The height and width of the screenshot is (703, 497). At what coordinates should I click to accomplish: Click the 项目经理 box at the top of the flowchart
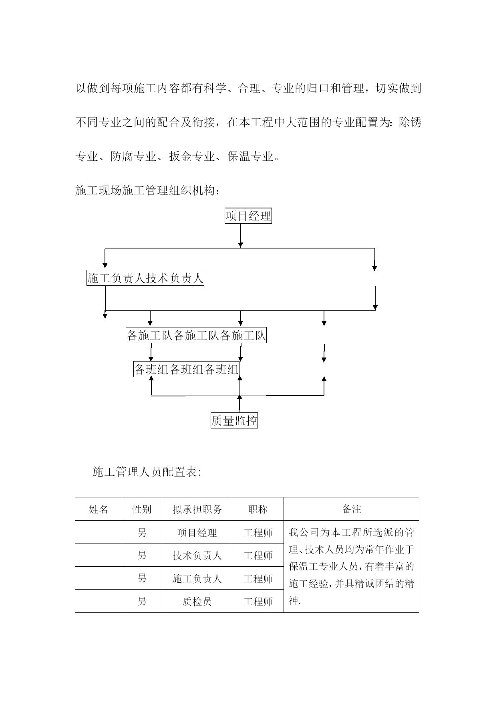[x=248, y=216]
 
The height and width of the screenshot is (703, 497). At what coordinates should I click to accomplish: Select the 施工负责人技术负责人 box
[x=145, y=278]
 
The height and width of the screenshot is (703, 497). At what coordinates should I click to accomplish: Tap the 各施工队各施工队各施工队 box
[x=196, y=335]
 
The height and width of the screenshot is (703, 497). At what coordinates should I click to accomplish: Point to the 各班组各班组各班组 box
[x=186, y=369]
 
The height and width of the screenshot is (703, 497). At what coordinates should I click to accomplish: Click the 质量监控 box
[x=234, y=420]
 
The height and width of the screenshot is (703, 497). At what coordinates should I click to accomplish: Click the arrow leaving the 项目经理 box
[x=240, y=235]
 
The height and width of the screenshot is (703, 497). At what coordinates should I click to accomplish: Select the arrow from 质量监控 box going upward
[x=239, y=404]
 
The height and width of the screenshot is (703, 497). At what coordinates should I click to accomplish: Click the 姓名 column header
[x=99, y=509]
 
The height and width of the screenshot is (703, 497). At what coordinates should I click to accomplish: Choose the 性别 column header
[x=142, y=509]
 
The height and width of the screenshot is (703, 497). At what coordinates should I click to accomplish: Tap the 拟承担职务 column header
[x=197, y=509]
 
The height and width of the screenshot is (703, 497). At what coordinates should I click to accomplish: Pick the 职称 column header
[x=258, y=509]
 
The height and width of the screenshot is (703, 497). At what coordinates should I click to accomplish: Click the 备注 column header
[x=352, y=509]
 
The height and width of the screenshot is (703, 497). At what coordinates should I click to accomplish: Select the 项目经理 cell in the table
[x=197, y=533]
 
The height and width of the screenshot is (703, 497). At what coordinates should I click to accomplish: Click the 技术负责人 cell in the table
[x=197, y=556]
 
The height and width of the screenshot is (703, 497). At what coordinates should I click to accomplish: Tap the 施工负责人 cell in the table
[x=197, y=578]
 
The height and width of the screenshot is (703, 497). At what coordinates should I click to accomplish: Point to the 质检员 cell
[x=197, y=601]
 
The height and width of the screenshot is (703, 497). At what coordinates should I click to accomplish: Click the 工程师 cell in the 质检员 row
[x=258, y=601]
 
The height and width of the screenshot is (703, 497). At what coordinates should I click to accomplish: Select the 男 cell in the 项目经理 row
[x=142, y=533]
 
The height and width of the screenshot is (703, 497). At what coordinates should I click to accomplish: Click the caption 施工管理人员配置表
[x=147, y=472]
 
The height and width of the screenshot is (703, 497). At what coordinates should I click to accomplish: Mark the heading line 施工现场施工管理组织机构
[x=148, y=191]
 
